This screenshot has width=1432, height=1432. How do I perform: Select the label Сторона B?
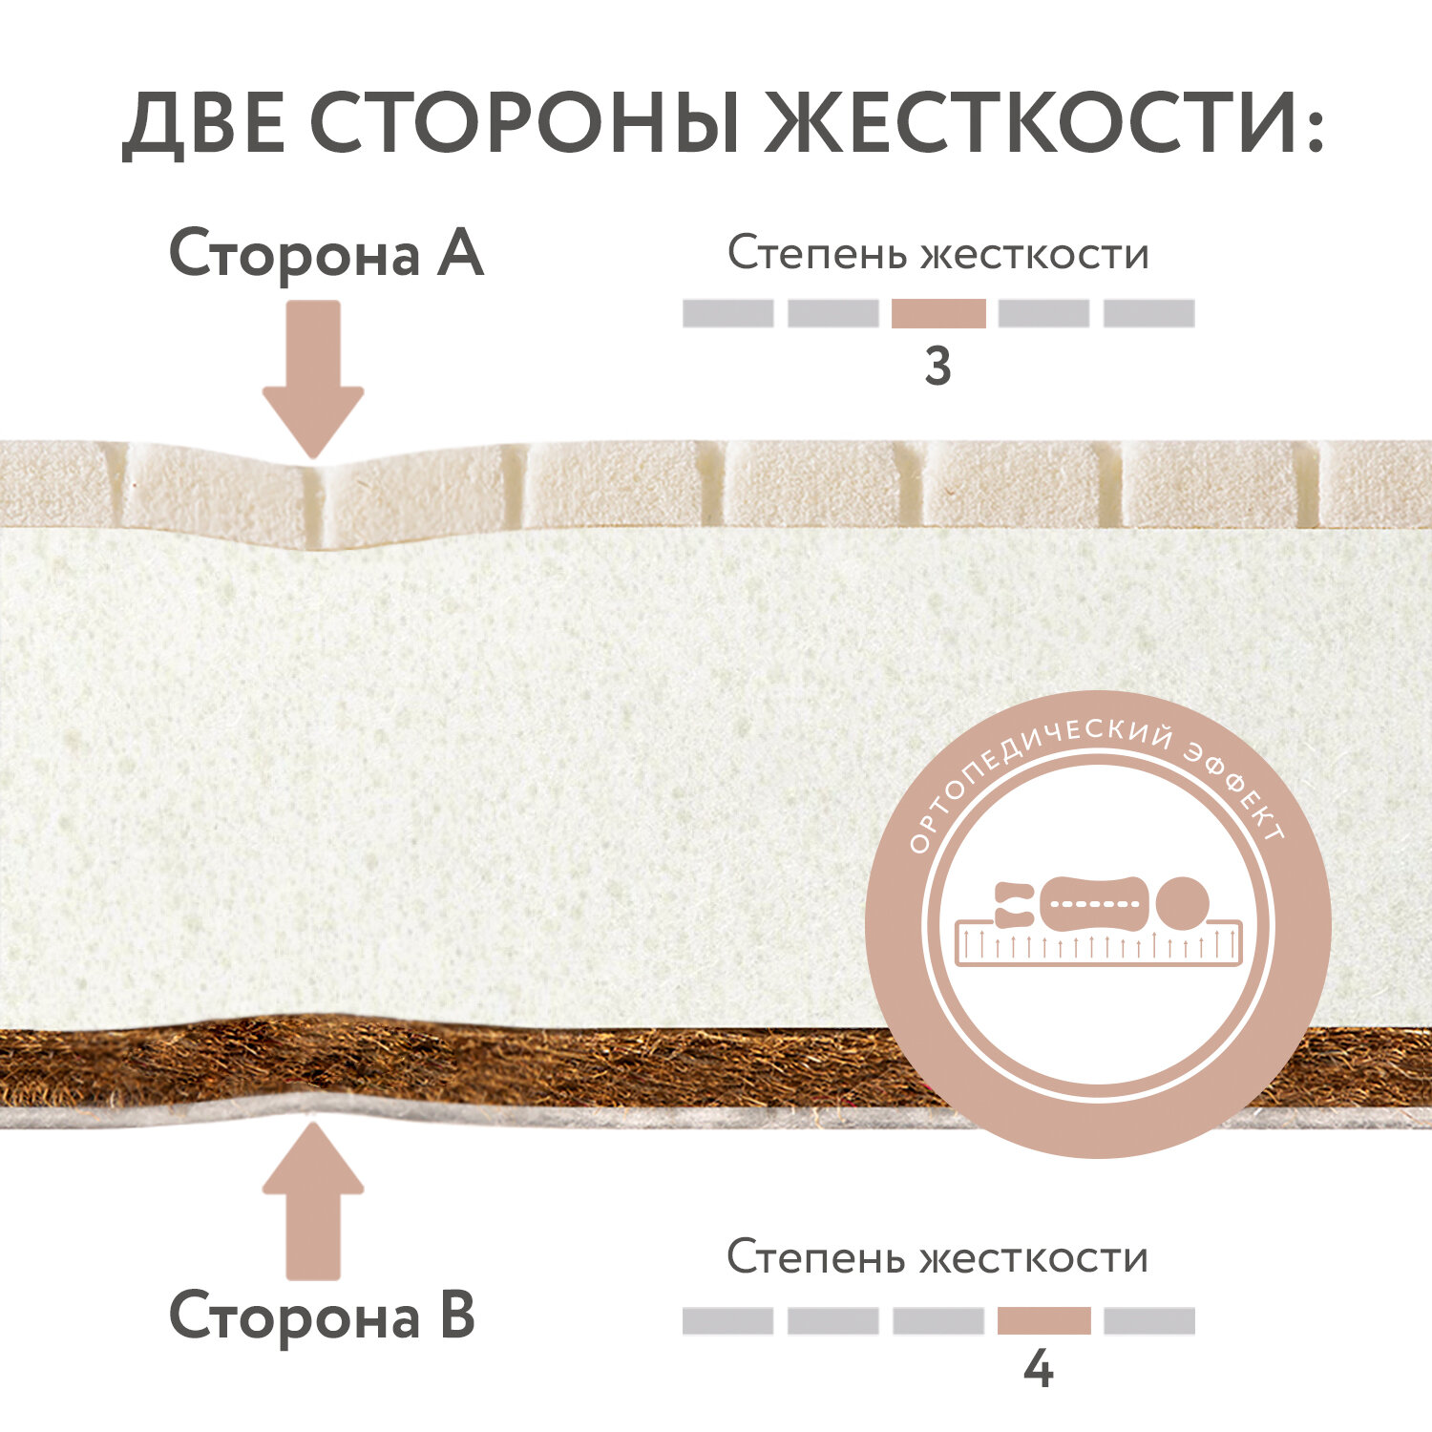(322, 1316)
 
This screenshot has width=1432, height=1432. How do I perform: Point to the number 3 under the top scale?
(937, 368)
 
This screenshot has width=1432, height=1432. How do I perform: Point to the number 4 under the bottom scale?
(1038, 1371)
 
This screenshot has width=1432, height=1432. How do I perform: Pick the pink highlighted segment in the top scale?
(938, 313)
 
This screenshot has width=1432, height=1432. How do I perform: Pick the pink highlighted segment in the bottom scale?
(1043, 1320)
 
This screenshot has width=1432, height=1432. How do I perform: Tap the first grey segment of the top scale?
(727, 313)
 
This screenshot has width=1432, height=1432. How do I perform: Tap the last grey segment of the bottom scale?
(1148, 1320)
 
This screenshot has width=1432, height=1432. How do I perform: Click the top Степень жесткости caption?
(937, 254)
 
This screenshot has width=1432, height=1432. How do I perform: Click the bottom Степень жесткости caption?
(937, 1257)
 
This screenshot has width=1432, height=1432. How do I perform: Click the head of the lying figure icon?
(1183, 902)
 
